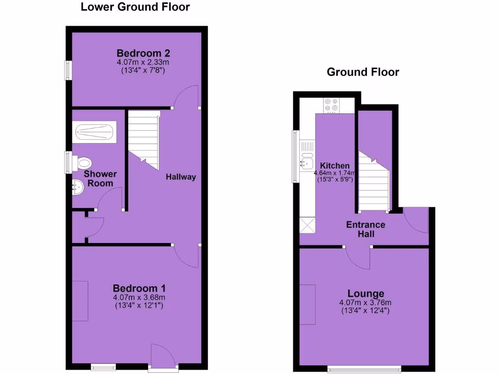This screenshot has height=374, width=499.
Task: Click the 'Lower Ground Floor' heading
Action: pos(135,7)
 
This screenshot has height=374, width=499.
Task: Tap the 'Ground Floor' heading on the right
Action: pos(363,73)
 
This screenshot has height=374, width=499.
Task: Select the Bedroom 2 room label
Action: pos(143,53)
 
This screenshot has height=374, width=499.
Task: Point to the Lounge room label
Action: pos(365,294)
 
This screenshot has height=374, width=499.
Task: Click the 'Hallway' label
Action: pos(181,177)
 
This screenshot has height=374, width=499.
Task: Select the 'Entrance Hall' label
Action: pos(365,229)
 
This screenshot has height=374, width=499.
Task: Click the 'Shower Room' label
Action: pos(100,179)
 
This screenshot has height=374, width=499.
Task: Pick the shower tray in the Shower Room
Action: pos(95,132)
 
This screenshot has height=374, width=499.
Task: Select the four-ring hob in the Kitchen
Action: pos(331,105)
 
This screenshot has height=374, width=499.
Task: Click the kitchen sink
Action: pos(307,161)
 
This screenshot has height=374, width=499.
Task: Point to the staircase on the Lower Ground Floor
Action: pos(144,139)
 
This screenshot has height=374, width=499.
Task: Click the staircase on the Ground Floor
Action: pos(373,183)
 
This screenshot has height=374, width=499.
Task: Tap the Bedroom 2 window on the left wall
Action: pos(69,70)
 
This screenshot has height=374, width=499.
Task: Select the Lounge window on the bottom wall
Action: pos(365,369)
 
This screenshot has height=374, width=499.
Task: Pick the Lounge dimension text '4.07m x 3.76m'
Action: pos(365,302)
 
